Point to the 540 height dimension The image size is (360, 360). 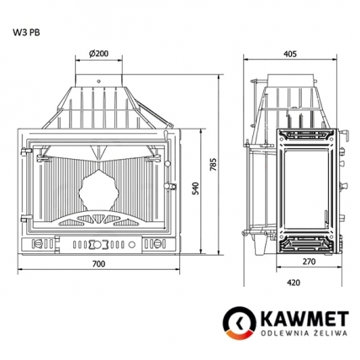click(196, 189)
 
